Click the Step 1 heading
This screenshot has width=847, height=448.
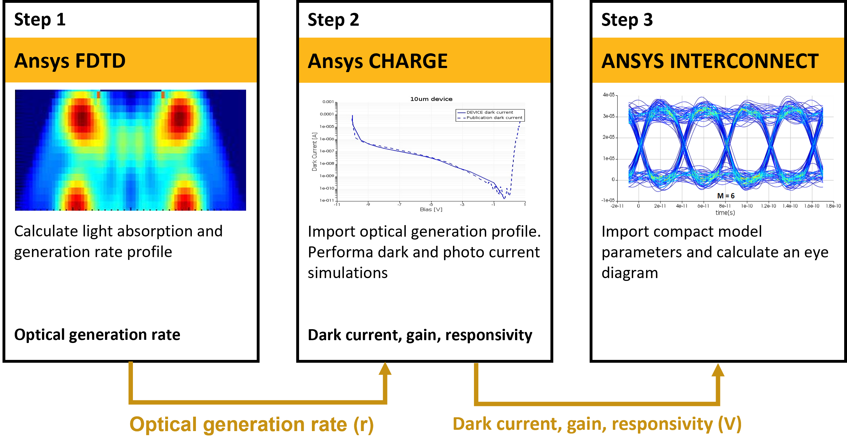[40, 20]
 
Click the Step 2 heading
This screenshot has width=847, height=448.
[333, 20]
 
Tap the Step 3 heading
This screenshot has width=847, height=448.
[627, 20]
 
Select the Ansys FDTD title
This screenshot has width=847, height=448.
[70, 61]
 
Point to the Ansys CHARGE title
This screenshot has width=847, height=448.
[377, 61]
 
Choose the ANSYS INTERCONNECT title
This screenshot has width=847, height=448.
[710, 61]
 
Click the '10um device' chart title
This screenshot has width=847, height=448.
[431, 99]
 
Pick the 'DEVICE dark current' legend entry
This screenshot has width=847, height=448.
[489, 112]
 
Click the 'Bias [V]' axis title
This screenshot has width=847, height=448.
[431, 209]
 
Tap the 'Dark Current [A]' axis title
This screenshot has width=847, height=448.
[314, 152]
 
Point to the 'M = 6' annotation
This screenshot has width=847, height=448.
[725, 196]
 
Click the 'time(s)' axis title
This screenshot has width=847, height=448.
[725, 213]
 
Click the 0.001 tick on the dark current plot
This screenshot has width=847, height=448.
[328, 102]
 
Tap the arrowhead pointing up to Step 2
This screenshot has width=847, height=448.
[385, 369]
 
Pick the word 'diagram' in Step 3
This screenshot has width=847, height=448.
[629, 273]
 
